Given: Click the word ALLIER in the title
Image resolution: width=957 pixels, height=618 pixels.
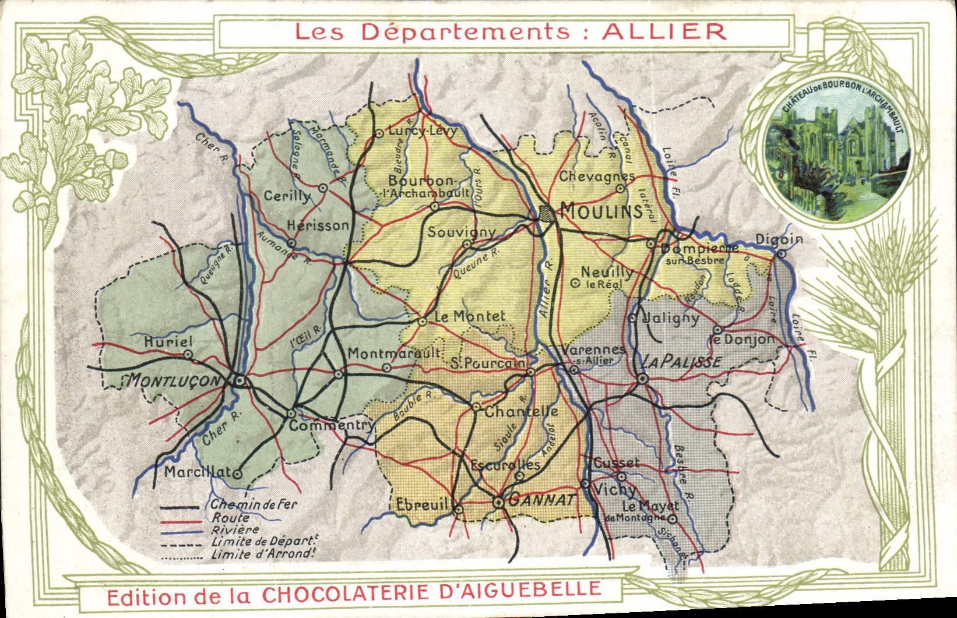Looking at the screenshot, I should [664, 31].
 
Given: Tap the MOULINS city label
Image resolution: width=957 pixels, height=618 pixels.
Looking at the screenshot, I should [601, 210].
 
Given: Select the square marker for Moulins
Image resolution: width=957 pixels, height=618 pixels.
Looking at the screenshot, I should [546, 213].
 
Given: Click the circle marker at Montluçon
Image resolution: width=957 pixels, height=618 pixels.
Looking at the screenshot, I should [240, 381].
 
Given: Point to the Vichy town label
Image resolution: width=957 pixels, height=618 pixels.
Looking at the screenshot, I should [614, 490].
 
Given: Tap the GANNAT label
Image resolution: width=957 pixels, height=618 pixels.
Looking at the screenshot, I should [543, 500].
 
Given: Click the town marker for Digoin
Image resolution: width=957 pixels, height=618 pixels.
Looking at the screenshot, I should [781, 253].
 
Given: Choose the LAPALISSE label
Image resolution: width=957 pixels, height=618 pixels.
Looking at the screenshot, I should [681, 362].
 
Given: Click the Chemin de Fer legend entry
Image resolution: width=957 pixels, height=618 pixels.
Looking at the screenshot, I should [254, 504].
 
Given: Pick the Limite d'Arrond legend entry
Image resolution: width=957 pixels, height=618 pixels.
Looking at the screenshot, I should [262, 554].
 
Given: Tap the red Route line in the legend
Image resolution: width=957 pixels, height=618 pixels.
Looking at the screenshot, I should [181, 521].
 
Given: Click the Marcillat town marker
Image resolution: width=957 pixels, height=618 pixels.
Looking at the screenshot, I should [237, 474].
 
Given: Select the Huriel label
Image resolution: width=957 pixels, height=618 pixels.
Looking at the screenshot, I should [168, 341].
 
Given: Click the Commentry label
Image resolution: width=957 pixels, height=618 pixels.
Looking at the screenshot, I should [331, 425].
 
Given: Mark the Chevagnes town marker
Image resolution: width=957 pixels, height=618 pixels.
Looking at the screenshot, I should [621, 189].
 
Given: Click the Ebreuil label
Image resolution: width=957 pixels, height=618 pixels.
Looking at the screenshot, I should [421, 504].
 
